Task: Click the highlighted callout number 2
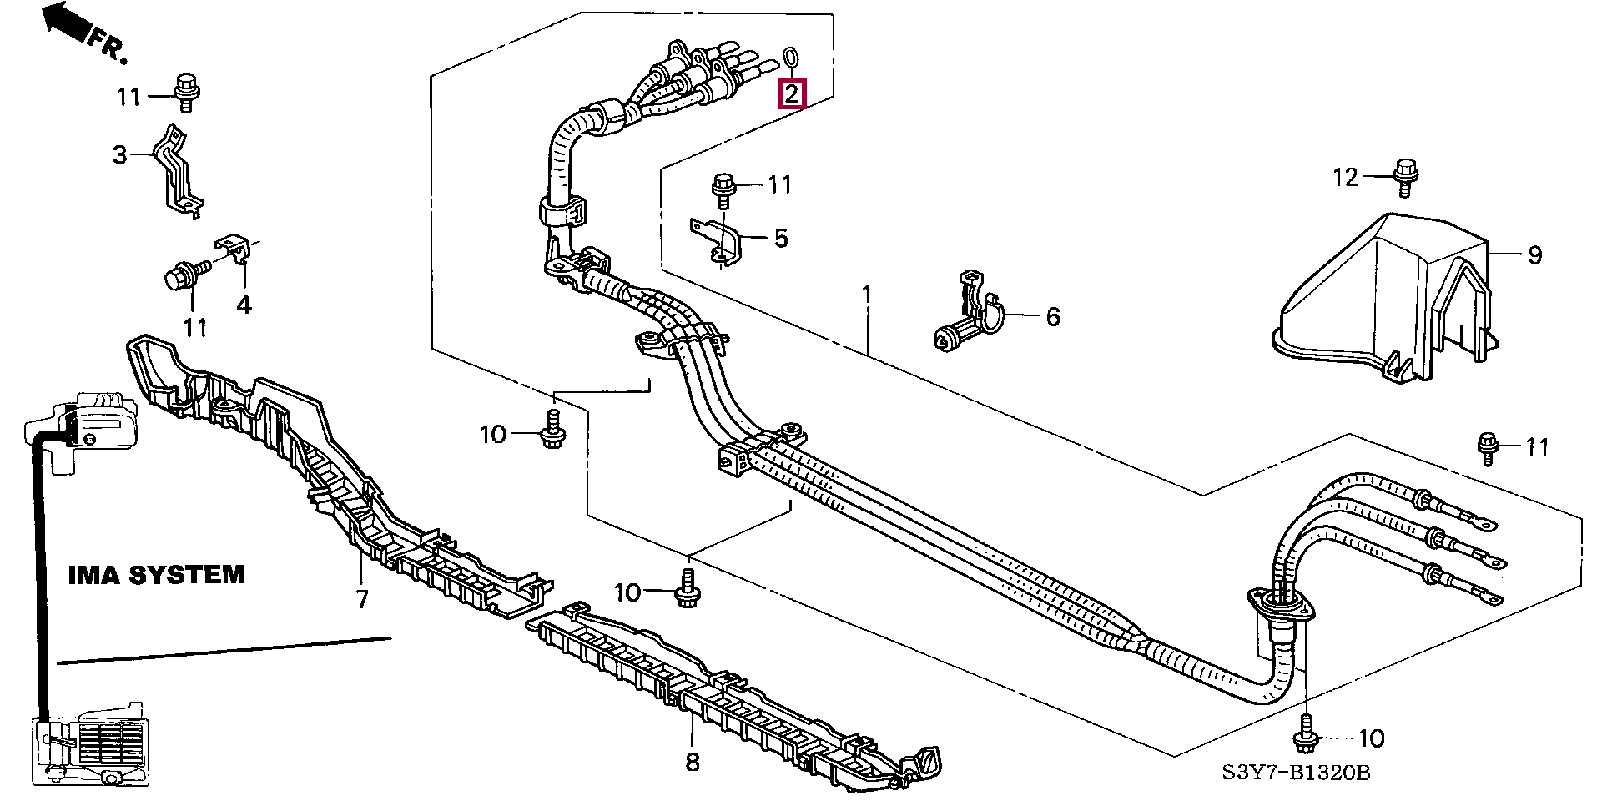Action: [791, 93]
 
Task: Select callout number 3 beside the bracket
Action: [120, 154]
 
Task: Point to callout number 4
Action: [244, 305]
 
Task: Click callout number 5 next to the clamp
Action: [780, 239]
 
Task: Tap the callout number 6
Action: [1053, 317]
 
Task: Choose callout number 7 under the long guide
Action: [361, 599]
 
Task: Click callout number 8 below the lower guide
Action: [693, 761]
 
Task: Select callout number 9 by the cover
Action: [1535, 255]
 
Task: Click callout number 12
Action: [1346, 177]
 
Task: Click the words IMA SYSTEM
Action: [157, 575]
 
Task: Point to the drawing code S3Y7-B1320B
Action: [1296, 773]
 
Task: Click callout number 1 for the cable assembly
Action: [867, 295]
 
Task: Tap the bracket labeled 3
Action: [178, 174]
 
